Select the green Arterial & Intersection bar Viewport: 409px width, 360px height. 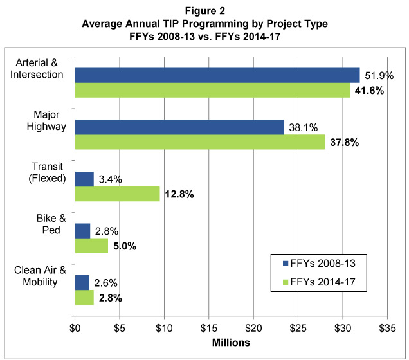click(212, 90)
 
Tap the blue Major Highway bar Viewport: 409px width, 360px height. click(179, 127)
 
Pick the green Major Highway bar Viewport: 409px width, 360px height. click(200, 142)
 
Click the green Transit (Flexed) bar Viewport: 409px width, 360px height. click(117, 194)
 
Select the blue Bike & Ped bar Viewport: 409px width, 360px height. click(82, 231)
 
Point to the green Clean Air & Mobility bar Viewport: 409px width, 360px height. click(84, 298)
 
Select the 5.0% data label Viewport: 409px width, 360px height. click(126, 246)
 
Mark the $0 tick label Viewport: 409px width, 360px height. click(75, 327)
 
